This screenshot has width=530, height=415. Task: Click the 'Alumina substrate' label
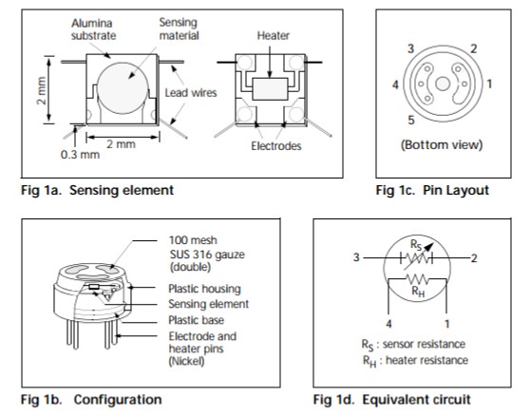[94, 29]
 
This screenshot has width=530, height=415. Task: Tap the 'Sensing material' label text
[180, 28]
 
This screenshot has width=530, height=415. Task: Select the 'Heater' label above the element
[274, 35]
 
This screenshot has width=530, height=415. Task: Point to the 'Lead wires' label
[191, 93]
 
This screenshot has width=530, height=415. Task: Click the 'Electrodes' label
[276, 145]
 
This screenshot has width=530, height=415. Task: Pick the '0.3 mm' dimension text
[80, 155]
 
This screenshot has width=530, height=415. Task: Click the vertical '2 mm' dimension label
[41, 90]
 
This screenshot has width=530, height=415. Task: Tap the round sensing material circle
[123, 88]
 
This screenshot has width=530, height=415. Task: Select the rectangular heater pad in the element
[270, 89]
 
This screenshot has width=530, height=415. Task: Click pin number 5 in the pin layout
[411, 120]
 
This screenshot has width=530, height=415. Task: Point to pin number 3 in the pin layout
[410, 48]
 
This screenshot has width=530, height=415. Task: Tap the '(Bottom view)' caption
[442, 144]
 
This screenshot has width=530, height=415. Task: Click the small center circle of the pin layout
[443, 84]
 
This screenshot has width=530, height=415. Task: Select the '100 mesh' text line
[193, 240]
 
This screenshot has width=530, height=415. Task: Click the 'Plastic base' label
[196, 320]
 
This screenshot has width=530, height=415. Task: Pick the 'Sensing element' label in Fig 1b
[209, 304]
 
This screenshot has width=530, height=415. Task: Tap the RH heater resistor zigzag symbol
[417, 279]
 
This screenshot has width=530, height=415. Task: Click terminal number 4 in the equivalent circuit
[388, 324]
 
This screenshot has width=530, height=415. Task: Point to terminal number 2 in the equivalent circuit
[474, 258]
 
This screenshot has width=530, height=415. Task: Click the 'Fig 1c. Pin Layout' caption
[432, 190]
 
